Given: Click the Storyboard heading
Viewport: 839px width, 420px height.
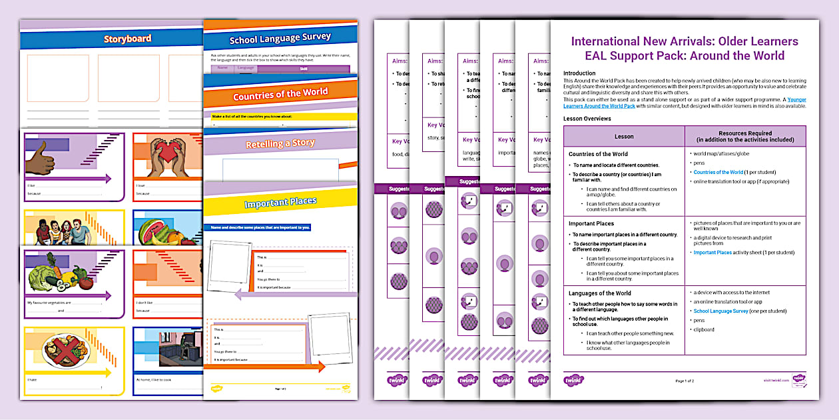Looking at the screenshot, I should tap(127, 39).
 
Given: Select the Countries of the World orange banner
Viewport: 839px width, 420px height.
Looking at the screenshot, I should tap(280, 95).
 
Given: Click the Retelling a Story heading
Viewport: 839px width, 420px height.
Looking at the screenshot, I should tap(280, 143).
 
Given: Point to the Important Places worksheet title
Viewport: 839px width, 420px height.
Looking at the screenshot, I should tap(280, 202).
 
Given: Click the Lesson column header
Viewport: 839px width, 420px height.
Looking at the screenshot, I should tap(624, 137).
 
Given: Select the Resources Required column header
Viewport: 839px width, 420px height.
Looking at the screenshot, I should tap(746, 137).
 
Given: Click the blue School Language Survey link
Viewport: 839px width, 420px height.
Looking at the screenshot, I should tap(720, 311).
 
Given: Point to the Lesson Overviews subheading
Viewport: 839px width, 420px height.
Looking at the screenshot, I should tap(587, 119).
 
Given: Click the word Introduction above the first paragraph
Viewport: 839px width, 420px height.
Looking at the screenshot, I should tap(579, 73).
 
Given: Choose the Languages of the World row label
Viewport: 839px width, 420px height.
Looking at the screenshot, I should tap(600, 293).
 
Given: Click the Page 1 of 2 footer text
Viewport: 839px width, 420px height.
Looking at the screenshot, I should tap(685, 381).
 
